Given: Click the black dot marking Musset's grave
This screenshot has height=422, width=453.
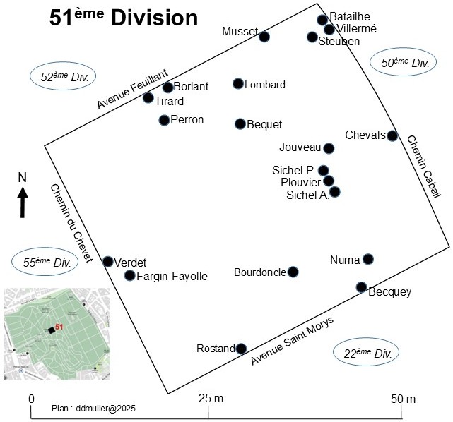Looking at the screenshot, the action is tap(264, 37).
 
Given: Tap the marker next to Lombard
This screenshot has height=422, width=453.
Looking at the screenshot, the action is tap(238, 84).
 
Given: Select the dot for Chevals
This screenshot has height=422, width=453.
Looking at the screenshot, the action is tap(392, 135).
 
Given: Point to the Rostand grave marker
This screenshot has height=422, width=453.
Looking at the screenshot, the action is tap(241, 349).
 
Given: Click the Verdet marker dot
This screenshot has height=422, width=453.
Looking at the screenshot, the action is tap(107, 262).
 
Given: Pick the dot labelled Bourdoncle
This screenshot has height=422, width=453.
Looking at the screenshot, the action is tap(293, 272).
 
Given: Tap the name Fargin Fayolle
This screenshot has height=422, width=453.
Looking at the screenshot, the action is tap(172, 277).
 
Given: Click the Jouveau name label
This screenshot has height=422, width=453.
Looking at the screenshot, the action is tap(300, 147).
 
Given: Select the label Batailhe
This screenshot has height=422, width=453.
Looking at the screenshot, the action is tap(350, 16).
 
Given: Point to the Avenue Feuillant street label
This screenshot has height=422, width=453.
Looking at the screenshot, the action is tap(133, 88).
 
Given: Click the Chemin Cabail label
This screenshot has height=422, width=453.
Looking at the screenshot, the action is tap(424, 167).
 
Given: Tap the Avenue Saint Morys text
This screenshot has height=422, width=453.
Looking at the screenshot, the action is tap(292, 341).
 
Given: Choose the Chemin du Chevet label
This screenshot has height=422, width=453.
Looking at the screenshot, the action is tap(71, 224).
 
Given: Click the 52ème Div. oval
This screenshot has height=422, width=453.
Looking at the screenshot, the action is tap(63, 76).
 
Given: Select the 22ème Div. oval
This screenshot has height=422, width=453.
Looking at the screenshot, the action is tap(366, 352).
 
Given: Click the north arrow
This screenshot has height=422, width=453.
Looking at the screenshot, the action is tap(23, 203).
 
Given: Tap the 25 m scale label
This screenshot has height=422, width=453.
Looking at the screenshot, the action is tap(211, 398).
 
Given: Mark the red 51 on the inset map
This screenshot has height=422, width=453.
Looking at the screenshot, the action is tap(59, 327).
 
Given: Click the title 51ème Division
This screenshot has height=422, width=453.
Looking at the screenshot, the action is tap(124, 18).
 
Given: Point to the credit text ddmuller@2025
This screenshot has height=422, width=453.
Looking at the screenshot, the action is tap(106, 409).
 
